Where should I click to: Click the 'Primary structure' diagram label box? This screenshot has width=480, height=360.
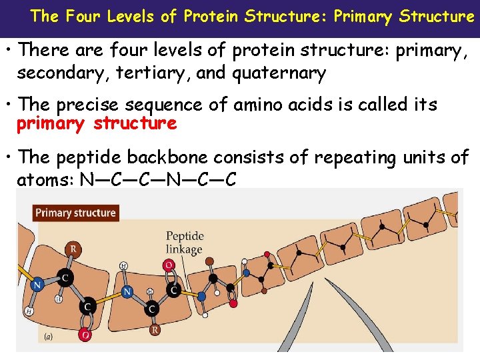(x=75, y=213)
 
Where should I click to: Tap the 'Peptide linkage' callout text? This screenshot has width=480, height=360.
(x=184, y=243)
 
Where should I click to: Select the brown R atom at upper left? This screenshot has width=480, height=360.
(x=73, y=249)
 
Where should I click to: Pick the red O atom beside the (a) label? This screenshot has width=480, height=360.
(x=85, y=334)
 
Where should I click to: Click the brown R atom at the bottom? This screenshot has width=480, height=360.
(x=155, y=330)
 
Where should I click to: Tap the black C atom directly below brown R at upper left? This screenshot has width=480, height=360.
(x=66, y=276)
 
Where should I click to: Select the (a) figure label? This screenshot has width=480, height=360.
(x=49, y=337)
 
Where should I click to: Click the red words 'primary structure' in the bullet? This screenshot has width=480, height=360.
(x=97, y=123)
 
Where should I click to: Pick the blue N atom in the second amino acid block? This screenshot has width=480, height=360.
(x=127, y=291)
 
